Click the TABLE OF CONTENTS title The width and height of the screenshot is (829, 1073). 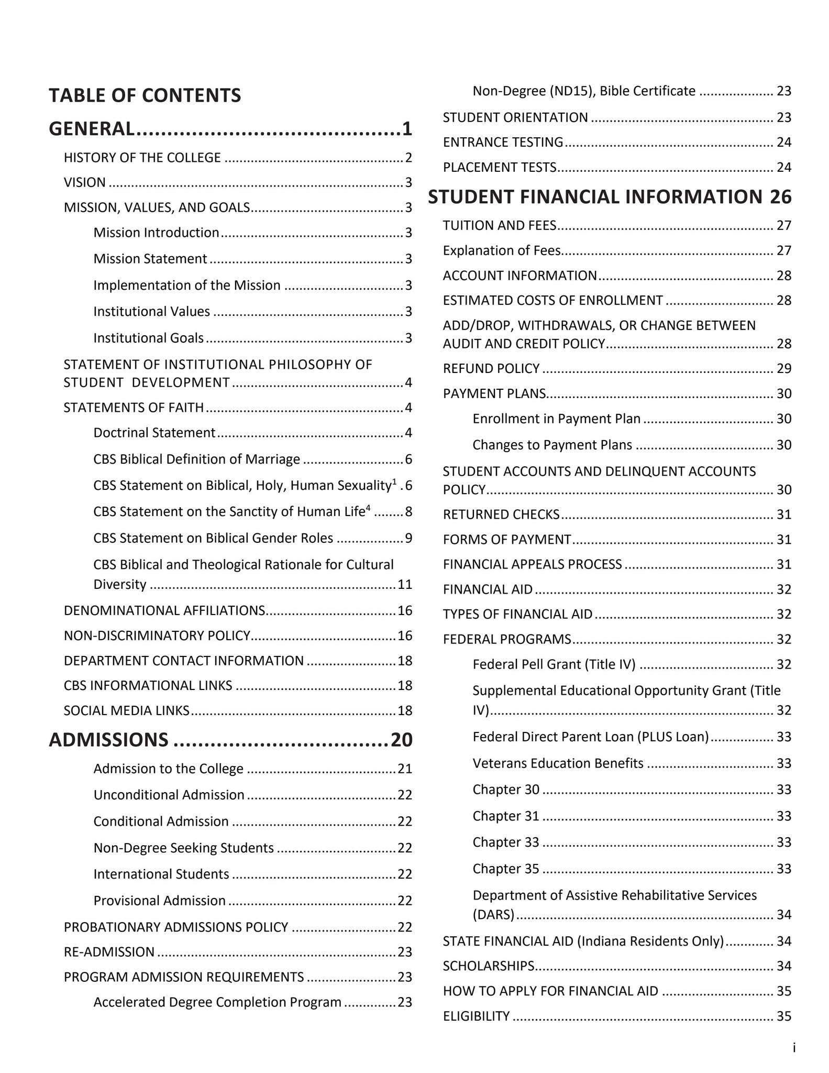[x=145, y=95]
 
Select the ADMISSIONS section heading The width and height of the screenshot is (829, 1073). [x=108, y=739]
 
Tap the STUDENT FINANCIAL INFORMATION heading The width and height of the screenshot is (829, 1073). [x=594, y=196]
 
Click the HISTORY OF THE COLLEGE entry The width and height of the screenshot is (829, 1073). [x=142, y=158]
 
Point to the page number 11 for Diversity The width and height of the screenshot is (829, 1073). [x=405, y=584]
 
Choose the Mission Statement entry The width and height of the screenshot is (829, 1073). [x=150, y=259]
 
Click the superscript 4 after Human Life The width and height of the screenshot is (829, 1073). [x=368, y=507]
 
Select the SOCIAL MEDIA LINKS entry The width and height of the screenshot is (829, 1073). [x=126, y=710]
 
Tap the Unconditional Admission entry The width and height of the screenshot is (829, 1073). [x=169, y=795]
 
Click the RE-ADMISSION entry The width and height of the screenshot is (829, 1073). [x=109, y=952]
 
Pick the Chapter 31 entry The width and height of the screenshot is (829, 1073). [x=505, y=816]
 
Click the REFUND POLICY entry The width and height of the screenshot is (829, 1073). [x=491, y=368]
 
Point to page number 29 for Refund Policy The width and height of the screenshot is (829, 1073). [x=783, y=368]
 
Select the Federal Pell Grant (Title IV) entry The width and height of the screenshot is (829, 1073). [x=554, y=664]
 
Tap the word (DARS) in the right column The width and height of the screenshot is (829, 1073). [x=493, y=915]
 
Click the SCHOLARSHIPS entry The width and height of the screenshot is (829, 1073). [x=488, y=966]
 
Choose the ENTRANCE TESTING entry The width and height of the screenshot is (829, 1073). [x=503, y=142]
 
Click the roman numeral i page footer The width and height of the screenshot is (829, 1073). [x=794, y=1047]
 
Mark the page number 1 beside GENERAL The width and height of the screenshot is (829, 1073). [x=407, y=128]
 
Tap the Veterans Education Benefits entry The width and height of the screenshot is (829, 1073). [x=558, y=763]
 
